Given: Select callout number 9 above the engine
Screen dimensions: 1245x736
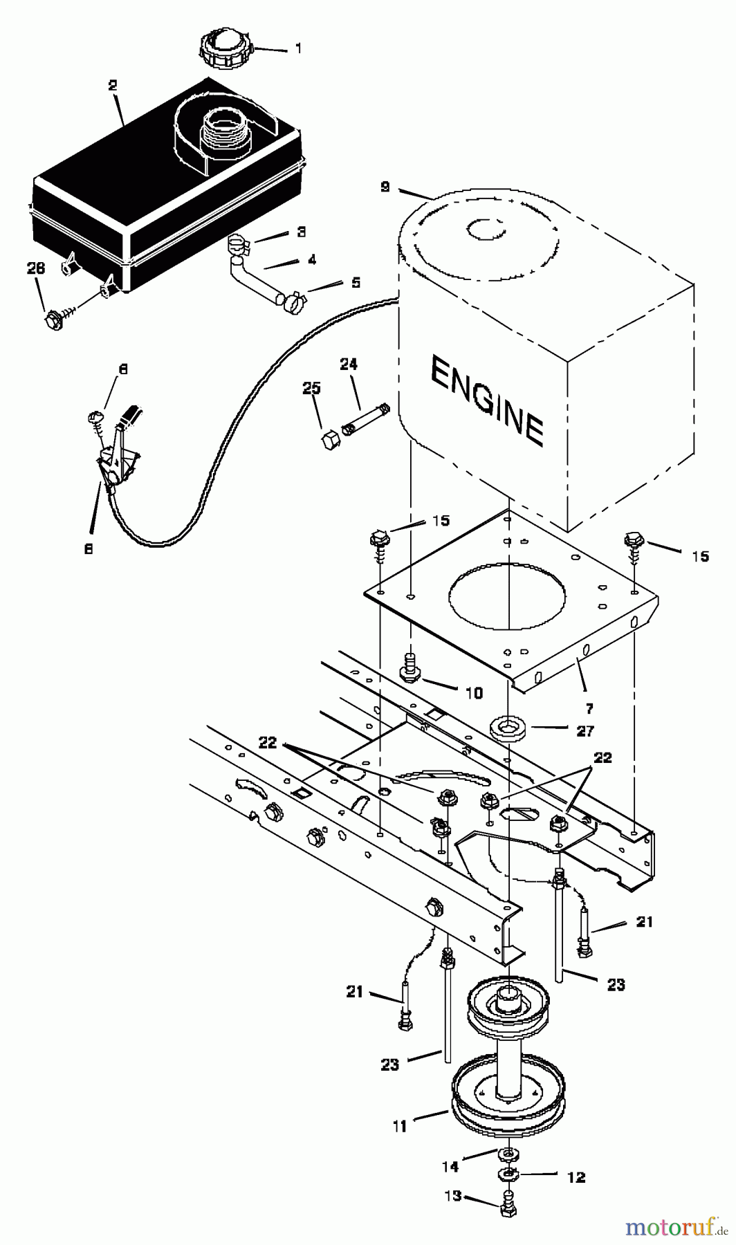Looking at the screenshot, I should [x=385, y=187].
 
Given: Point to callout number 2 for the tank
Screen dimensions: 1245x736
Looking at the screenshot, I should [x=113, y=86].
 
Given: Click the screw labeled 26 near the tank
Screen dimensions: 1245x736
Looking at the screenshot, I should [x=53, y=320].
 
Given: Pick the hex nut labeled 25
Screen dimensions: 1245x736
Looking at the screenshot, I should [x=329, y=439].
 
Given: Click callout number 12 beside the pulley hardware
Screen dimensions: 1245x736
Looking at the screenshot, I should [x=576, y=1177].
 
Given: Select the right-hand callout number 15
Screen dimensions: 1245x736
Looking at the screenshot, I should [x=700, y=555].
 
